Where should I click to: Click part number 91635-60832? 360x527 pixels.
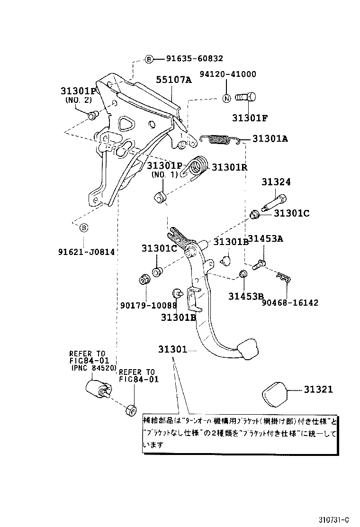[194, 59]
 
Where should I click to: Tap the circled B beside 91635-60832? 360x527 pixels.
[149, 59]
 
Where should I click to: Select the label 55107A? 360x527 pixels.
[174, 80]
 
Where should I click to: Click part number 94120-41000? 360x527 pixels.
[227, 74]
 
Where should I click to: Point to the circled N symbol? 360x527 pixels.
[226, 99]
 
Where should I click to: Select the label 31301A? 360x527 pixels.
[270, 139]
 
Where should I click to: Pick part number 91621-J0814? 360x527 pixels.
[86, 252]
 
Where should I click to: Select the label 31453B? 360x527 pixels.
[246, 297]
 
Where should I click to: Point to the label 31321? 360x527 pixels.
[318, 390]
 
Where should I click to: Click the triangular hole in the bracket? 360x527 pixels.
[126, 123]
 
